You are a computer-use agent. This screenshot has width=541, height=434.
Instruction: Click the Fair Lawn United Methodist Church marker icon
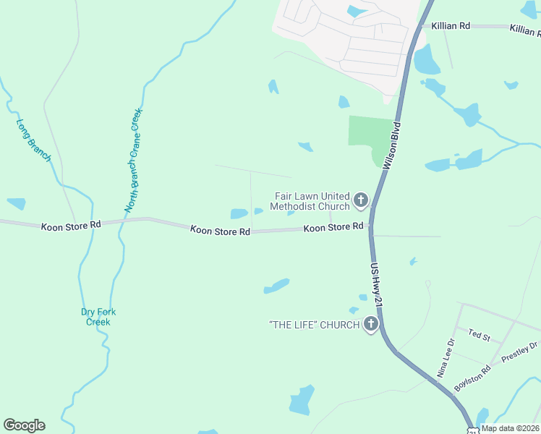pyautogui.click(x=360, y=199)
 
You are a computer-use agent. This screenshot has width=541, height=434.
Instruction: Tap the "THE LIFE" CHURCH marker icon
pyautogui.click(x=371, y=324)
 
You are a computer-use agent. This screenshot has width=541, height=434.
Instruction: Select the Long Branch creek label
pyautogui.click(x=34, y=140)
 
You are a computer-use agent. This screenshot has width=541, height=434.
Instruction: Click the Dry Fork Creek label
pyautogui.click(x=98, y=317)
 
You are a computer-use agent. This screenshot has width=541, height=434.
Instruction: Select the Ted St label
pyautogui.click(x=480, y=336)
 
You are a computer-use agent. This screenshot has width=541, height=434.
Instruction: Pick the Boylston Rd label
pyautogui.click(x=472, y=379)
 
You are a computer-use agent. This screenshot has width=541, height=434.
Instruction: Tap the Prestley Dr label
pyautogui.click(x=519, y=352)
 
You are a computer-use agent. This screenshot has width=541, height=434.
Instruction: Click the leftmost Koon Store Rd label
pyautogui.click(x=71, y=226)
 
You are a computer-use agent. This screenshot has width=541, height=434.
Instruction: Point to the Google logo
pyautogui.click(x=24, y=425)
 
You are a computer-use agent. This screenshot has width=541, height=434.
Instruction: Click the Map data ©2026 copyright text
pyautogui.click(x=510, y=428)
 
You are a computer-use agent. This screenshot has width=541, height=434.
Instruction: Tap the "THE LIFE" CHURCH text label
pyautogui.click(x=314, y=325)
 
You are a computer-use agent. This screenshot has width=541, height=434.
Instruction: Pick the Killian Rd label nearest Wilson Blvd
pyautogui.click(x=450, y=25)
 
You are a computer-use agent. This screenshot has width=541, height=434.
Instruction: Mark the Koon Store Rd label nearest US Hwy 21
pyautogui.click(x=333, y=228)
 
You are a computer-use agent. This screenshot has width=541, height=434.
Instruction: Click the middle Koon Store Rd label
pyautogui.click(x=220, y=230)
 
